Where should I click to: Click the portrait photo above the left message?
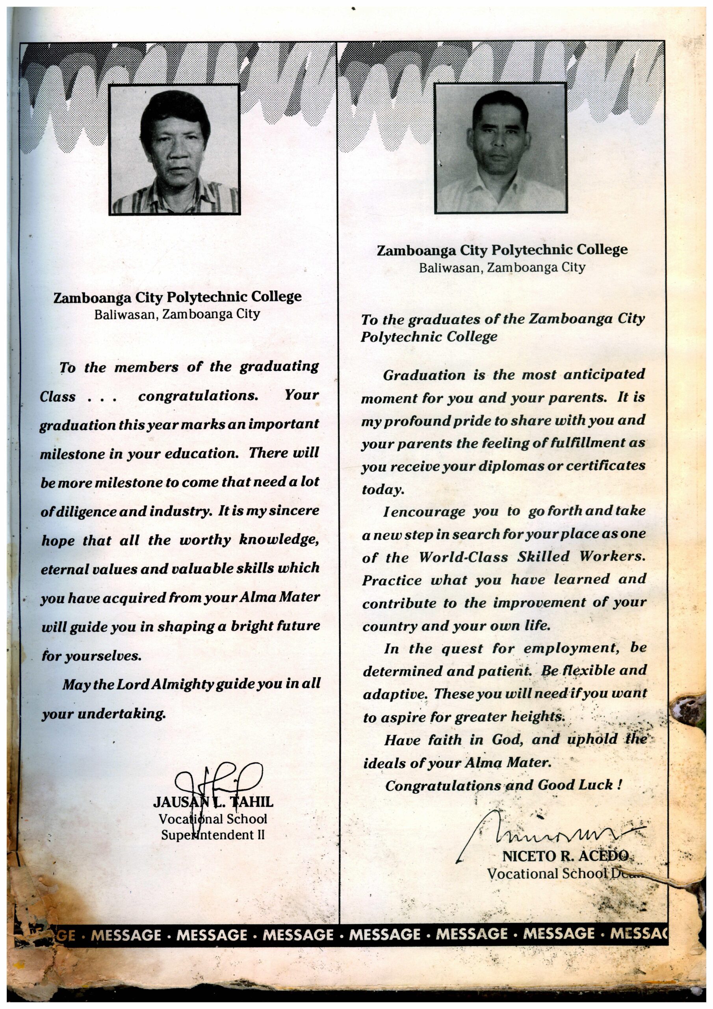pyautogui.click(x=175, y=149)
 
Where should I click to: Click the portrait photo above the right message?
pyautogui.click(x=500, y=148)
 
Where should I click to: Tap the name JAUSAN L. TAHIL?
pyautogui.click(x=213, y=802)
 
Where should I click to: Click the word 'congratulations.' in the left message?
pyautogui.click(x=198, y=395)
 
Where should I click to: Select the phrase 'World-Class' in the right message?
pyautogui.click(x=464, y=557)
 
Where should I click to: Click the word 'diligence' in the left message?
pyautogui.click(x=85, y=512)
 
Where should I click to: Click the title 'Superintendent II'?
pyautogui.click(x=213, y=834)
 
